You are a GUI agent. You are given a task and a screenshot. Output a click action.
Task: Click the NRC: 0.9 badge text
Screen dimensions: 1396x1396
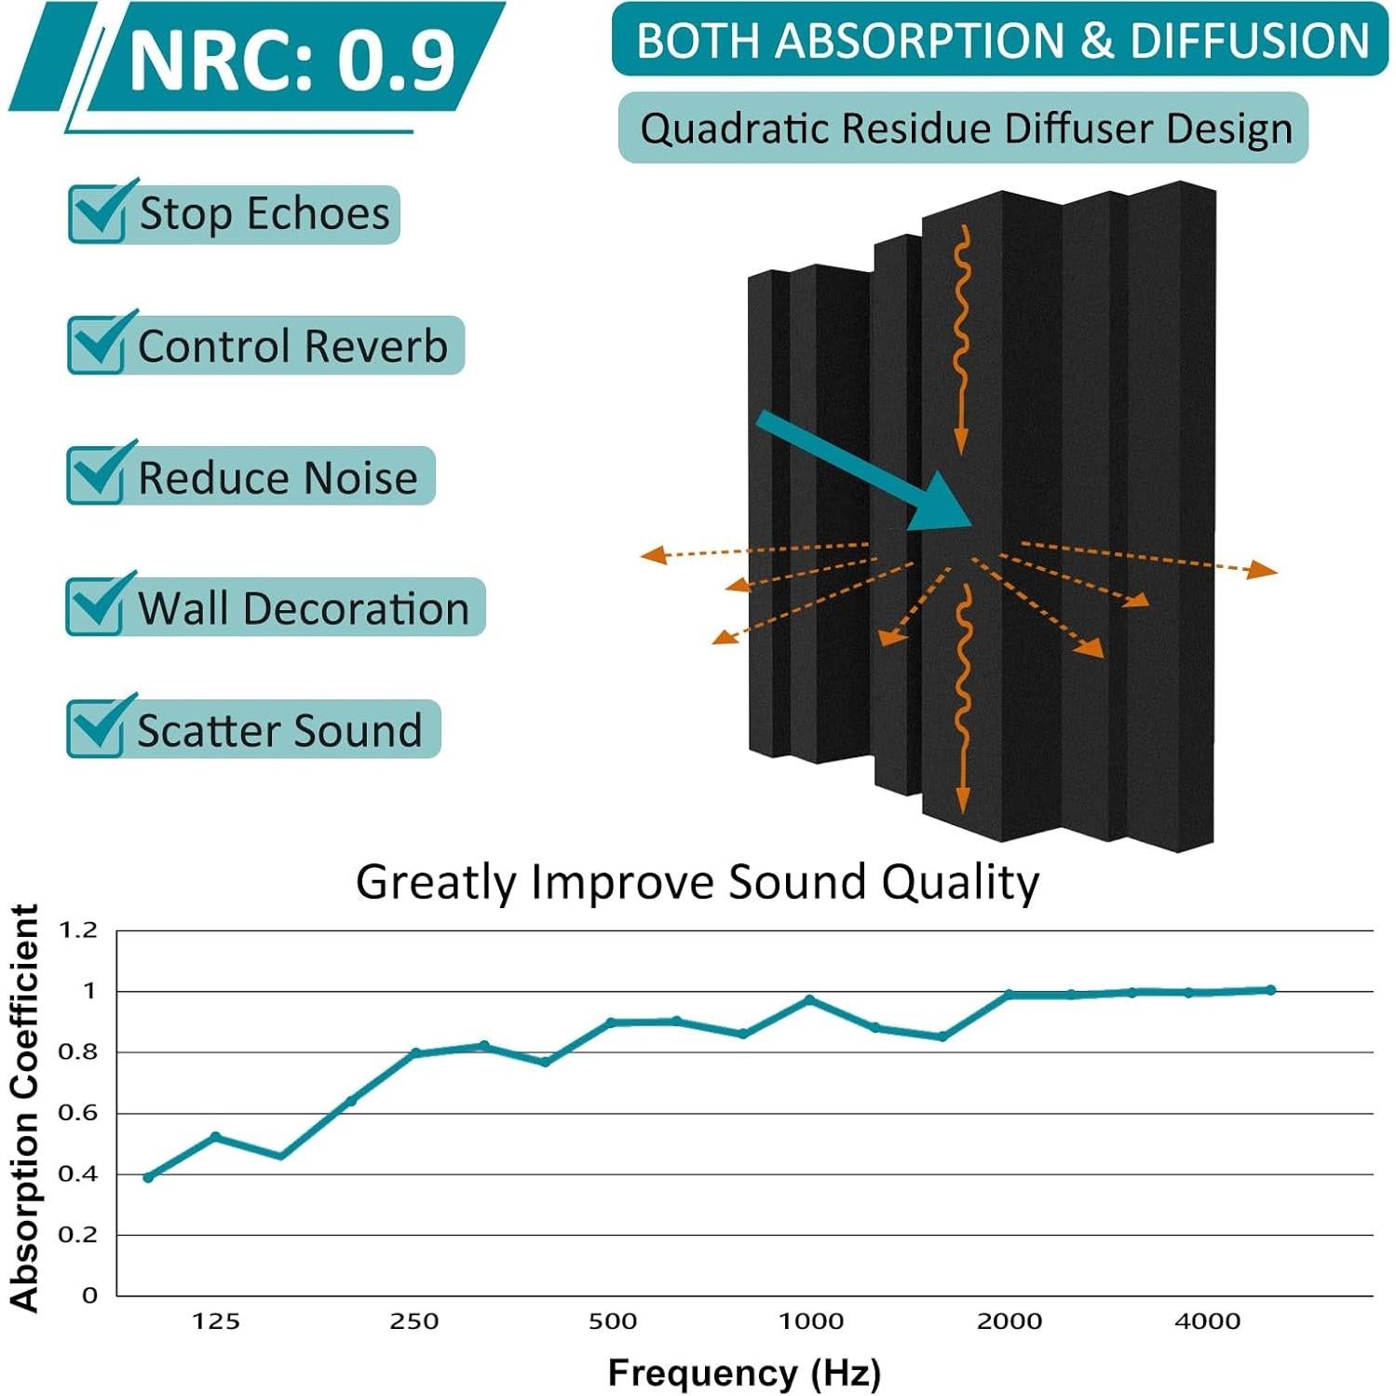tap(291, 61)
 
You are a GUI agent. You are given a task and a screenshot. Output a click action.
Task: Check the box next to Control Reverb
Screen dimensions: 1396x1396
tap(97, 345)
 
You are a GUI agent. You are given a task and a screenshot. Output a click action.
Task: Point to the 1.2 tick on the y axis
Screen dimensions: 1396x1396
tap(77, 930)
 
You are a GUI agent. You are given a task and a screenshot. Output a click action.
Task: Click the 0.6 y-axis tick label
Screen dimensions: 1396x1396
tap(77, 1113)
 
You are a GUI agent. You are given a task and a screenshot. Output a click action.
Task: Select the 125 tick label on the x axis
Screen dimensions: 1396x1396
tap(216, 1321)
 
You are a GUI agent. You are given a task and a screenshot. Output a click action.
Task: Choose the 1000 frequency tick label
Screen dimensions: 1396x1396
tap(811, 1321)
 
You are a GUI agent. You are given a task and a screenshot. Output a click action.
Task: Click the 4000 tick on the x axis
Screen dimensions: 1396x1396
tap(1208, 1321)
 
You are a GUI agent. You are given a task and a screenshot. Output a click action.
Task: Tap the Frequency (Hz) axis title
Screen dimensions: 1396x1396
tap(744, 1373)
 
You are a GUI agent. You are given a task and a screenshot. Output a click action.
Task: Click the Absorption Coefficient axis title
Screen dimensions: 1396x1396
tap(24, 1108)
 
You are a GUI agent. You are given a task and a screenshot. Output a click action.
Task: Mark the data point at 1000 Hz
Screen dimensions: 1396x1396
tap(810, 1000)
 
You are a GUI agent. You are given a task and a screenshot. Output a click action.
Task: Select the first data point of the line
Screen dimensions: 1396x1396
tap(148, 1178)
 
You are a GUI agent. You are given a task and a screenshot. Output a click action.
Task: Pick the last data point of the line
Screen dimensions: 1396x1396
tap(1271, 990)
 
